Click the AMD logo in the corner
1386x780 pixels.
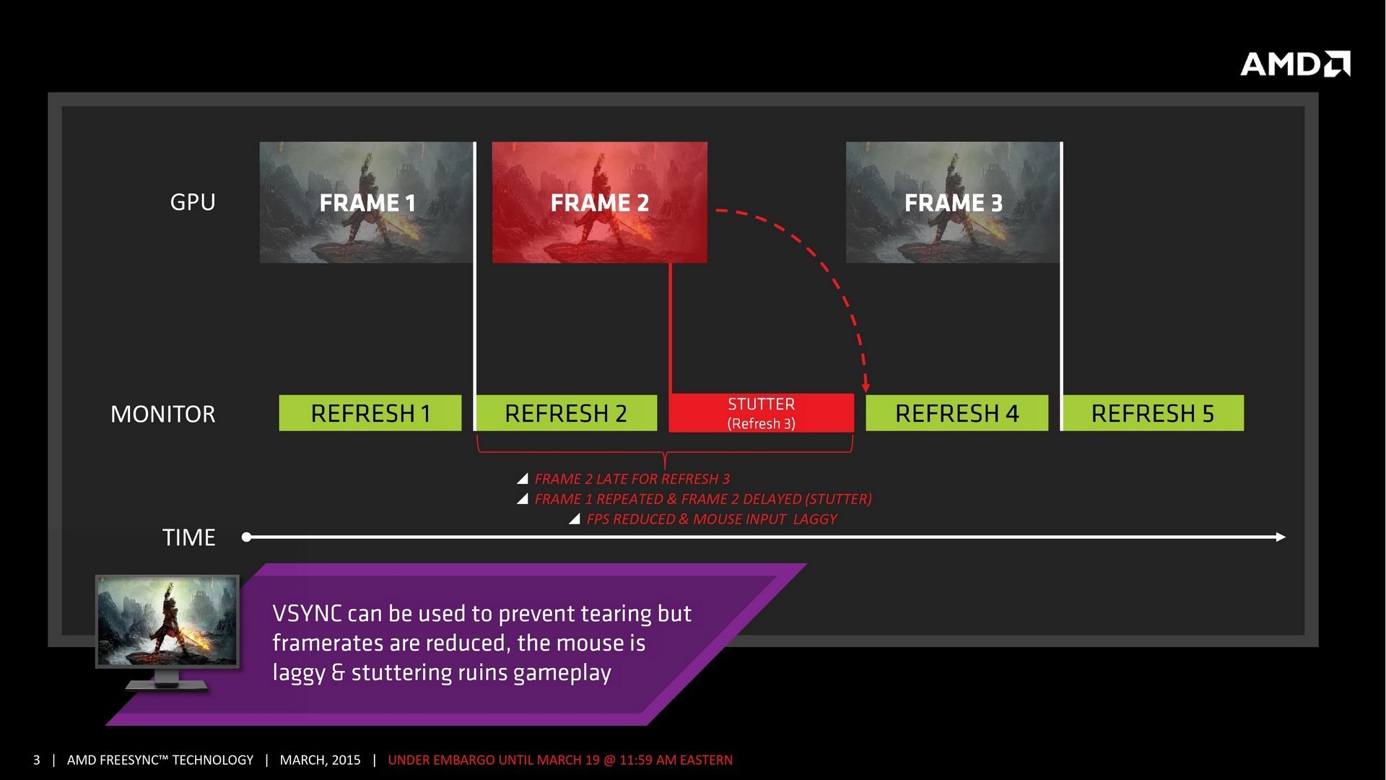[1295, 64]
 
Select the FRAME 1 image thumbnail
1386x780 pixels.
[367, 202]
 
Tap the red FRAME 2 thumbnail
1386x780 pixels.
[599, 202]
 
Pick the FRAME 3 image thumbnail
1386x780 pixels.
[953, 202]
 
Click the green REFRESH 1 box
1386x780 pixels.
[370, 413]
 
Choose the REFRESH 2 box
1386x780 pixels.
[566, 413]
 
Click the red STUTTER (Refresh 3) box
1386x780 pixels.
[761, 413]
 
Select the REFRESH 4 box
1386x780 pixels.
[956, 413]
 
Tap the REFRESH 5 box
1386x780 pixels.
[1153, 413]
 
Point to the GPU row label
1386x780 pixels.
[193, 202]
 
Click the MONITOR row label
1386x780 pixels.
[162, 414]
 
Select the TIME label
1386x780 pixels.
[188, 537]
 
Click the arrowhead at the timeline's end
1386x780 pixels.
[1281, 537]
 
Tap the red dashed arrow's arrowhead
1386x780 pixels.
[866, 387]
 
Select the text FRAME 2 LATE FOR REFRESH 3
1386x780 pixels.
[632, 479]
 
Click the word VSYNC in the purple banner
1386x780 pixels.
[307, 614]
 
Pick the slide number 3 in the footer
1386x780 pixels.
[37, 760]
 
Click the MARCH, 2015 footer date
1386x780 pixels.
[320, 760]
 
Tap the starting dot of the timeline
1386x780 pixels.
[246, 537]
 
